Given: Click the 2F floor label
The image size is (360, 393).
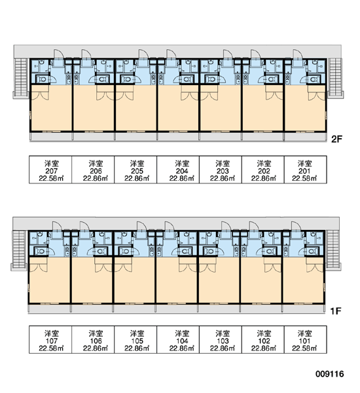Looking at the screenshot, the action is (336, 139).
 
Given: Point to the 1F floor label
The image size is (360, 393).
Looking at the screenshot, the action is (336, 311).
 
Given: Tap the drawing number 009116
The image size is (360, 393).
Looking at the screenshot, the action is (330, 374).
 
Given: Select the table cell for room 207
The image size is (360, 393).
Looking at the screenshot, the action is (50, 170).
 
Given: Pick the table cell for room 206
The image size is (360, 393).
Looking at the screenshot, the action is (93, 170).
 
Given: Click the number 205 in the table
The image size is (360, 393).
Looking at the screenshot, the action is (137, 171).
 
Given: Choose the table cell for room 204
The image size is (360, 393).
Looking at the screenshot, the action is (178, 170).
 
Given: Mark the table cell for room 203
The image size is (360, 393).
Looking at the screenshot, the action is (221, 170).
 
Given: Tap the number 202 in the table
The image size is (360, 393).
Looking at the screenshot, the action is (264, 171).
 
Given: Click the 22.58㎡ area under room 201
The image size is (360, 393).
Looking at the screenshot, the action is (304, 178).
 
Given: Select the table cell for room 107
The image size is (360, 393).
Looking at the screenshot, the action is (50, 339).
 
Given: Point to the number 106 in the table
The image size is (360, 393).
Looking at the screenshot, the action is (96, 341).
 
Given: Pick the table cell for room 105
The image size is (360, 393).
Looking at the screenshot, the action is (135, 339).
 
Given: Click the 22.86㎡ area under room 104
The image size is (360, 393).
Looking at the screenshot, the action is (182, 348).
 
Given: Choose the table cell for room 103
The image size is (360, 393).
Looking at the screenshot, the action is (221, 339).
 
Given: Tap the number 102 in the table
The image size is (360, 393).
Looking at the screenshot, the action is (264, 341).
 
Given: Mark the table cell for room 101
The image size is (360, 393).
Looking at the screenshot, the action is (306, 339).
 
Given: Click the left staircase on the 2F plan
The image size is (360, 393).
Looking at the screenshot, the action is (21, 77).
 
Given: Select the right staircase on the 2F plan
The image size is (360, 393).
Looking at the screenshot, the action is (335, 77).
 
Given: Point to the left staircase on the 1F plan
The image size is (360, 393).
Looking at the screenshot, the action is (19, 250).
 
